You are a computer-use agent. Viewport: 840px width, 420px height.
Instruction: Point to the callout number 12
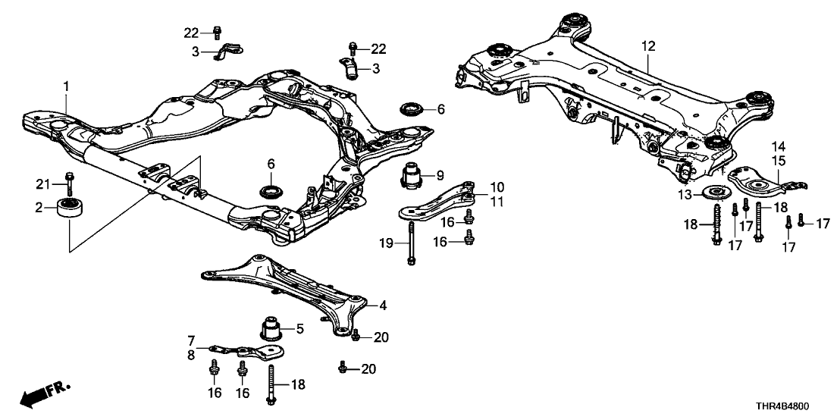646,46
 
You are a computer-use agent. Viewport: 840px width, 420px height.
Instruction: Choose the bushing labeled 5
271,328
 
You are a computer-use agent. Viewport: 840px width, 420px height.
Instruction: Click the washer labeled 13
715,193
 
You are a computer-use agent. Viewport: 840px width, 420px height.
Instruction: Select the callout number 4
384,306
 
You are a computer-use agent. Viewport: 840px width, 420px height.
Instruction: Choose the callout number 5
299,328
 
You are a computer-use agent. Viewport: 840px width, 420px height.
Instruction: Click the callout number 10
497,186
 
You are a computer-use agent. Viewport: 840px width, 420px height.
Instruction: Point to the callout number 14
779,146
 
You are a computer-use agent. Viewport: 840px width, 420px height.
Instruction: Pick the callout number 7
192,341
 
